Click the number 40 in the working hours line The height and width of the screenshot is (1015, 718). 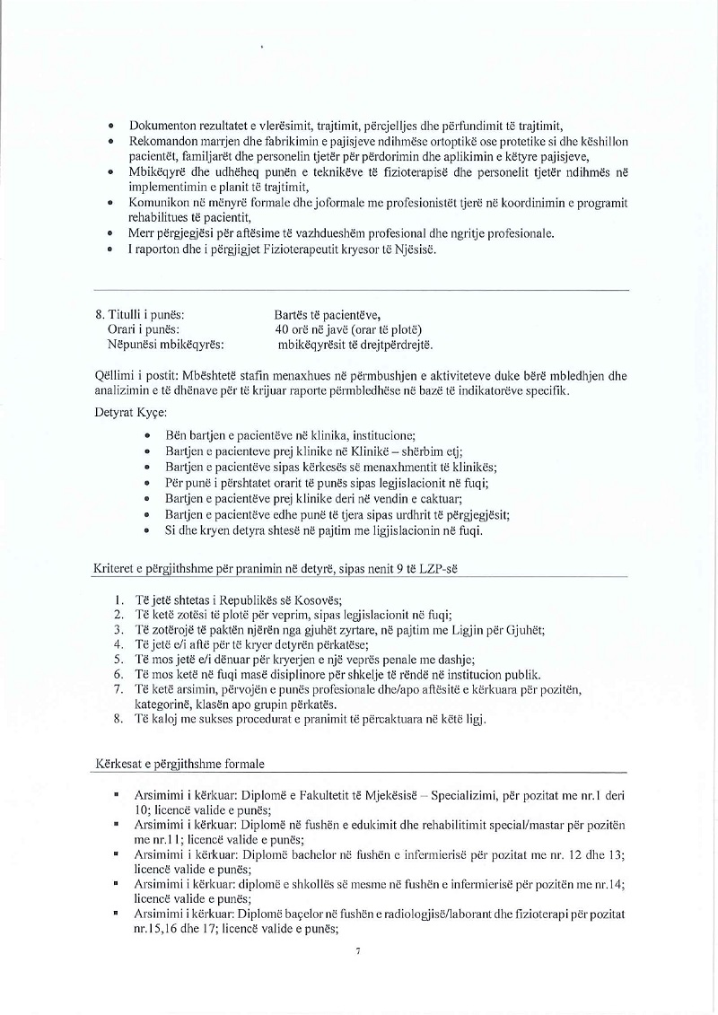coord(283,328)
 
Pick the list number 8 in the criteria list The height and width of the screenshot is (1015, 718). coord(118,719)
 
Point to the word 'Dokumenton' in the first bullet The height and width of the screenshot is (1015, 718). coord(162,126)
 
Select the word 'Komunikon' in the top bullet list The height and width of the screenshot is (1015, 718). coord(160,205)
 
